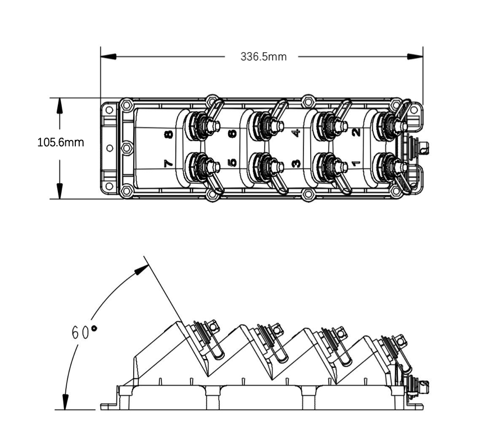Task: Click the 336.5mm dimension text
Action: tap(264, 57)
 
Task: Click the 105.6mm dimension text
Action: tap(61, 143)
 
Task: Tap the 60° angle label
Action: tap(84, 333)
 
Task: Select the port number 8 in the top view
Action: tap(169, 135)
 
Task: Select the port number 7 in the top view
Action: tap(168, 163)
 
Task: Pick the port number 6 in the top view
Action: tap(233, 134)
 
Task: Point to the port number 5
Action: tap(232, 162)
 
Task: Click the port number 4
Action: tap(296, 133)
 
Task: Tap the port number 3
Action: tap(296, 163)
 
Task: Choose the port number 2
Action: tap(356, 133)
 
